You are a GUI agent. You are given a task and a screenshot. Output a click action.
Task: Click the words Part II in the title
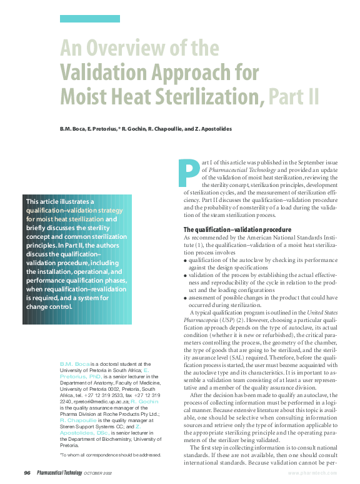(293, 96)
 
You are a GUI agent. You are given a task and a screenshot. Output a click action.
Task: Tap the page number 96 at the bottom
(28, 472)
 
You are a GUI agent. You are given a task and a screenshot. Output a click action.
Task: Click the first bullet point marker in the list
(186, 258)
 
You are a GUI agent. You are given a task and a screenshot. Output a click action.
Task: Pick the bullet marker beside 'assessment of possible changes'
(186, 299)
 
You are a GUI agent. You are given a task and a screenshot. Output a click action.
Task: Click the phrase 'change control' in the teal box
(49, 306)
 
